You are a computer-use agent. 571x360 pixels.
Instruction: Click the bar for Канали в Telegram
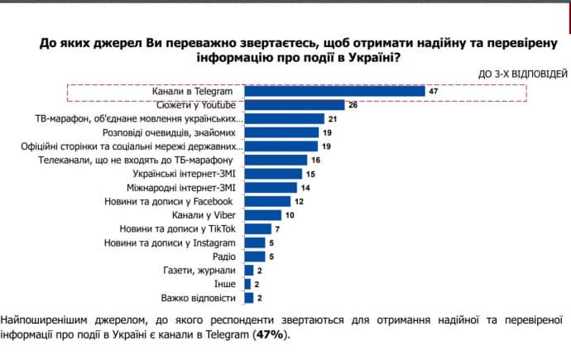[334, 91]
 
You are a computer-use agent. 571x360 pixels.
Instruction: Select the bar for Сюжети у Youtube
[294, 105]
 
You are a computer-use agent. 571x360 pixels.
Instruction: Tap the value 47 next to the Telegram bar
[433, 91]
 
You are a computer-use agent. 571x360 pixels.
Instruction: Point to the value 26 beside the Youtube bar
[353, 105]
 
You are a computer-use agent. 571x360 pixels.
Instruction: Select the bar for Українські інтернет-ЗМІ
[274, 174]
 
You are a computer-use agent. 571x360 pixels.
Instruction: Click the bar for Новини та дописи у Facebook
[267, 201]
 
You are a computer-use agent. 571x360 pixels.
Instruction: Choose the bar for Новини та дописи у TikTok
[257, 228]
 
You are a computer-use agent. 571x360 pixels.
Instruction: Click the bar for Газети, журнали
[248, 270]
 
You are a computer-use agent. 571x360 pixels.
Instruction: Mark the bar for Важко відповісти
[248, 297]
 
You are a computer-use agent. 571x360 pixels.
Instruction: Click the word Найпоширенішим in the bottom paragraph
[42, 319]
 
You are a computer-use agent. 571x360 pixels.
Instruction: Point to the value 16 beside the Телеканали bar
[314, 160]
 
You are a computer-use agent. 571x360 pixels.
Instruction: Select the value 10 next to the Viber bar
[290, 214]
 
